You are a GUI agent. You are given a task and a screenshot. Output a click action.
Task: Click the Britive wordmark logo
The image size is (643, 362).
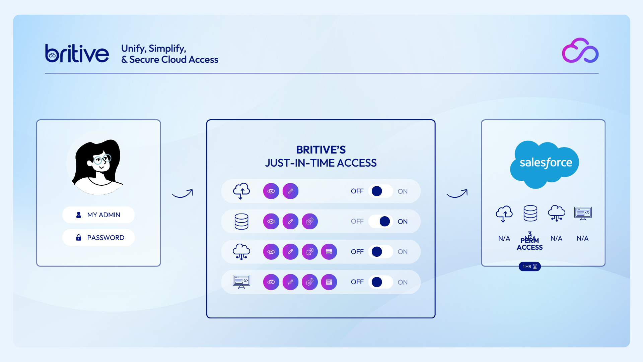[77, 54]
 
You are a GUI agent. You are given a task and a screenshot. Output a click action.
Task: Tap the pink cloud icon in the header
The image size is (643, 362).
[580, 51]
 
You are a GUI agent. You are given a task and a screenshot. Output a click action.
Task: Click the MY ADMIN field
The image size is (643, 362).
[98, 215]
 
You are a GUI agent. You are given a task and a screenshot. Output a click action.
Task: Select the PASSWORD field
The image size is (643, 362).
[98, 238]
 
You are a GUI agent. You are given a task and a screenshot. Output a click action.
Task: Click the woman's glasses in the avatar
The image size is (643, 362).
[102, 160]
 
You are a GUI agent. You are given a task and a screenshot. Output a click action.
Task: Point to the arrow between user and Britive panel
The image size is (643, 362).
[183, 194]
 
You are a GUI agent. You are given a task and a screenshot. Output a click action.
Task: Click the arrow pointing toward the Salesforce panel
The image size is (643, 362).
[457, 194]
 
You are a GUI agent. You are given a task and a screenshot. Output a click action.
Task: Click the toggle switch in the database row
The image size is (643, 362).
[381, 221]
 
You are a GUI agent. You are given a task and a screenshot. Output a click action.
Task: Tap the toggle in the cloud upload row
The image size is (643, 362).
[381, 191]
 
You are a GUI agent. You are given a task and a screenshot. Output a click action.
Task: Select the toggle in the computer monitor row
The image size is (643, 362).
[381, 282]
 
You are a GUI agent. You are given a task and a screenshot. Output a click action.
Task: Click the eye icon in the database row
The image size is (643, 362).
[271, 221]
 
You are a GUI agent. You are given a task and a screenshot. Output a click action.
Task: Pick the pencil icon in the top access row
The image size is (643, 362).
[290, 191]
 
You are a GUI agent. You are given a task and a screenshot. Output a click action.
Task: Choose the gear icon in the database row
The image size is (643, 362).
[310, 221]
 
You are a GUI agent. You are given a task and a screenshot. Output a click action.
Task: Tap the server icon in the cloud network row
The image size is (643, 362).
[329, 252]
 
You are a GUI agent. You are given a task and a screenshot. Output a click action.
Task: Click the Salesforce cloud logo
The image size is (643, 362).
[545, 163]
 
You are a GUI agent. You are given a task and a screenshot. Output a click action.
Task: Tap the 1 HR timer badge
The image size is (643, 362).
[529, 266]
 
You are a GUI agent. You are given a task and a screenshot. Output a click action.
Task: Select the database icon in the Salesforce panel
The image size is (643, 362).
[530, 213]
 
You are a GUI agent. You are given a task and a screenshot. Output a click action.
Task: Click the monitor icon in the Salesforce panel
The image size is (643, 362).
[583, 214]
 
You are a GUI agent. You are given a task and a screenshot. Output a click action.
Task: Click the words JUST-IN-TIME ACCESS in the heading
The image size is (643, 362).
[321, 163]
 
